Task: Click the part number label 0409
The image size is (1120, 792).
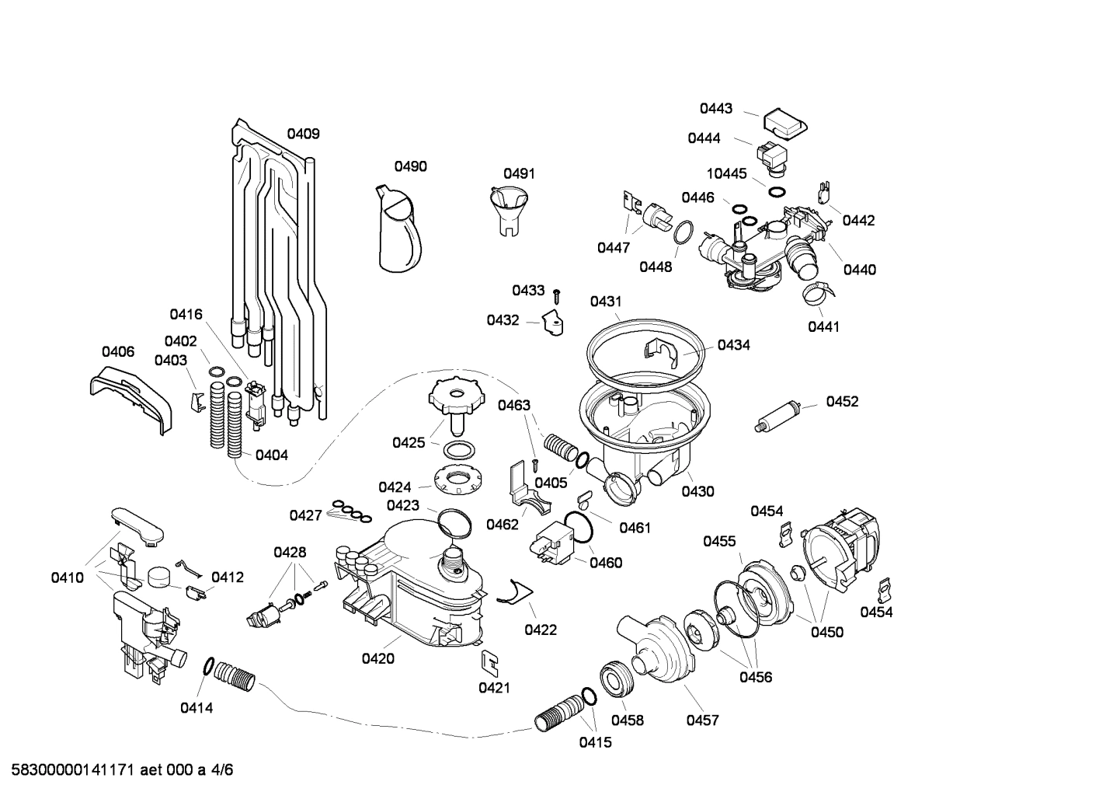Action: pyautogui.click(x=303, y=134)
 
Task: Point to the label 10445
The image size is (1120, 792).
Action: pyautogui.click(x=725, y=173)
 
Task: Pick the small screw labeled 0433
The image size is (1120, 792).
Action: pyautogui.click(x=557, y=295)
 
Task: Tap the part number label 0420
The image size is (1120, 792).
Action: pyautogui.click(x=377, y=659)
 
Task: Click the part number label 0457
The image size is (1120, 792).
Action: pyautogui.click(x=702, y=720)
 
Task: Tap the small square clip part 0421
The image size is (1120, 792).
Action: pyautogui.click(x=490, y=660)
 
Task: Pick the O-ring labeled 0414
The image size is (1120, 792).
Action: pyautogui.click(x=208, y=666)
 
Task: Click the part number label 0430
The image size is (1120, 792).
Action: pyautogui.click(x=697, y=491)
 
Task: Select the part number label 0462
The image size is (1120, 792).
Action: pyautogui.click(x=503, y=524)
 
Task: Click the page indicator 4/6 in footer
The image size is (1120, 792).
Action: pyautogui.click(x=222, y=770)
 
